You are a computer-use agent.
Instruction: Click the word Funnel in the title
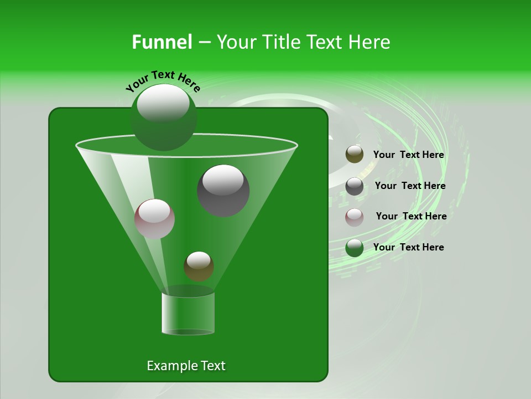pyautogui.click(x=162, y=42)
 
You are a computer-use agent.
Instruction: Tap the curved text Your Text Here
pyautogui.click(x=163, y=81)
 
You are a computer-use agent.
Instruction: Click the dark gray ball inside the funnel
pyautogui.click(x=223, y=191)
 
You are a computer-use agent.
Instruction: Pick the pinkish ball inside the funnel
pyautogui.click(x=154, y=219)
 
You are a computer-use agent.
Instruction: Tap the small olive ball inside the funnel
pyautogui.click(x=199, y=267)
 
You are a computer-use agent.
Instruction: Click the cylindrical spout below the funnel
pyautogui.click(x=188, y=314)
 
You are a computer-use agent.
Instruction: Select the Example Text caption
pyautogui.click(x=186, y=366)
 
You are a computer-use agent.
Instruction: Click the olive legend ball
pyautogui.click(x=355, y=155)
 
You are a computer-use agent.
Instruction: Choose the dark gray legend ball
pyautogui.click(x=355, y=186)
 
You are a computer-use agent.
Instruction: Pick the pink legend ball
pyautogui.click(x=355, y=217)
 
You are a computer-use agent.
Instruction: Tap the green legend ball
pyautogui.click(x=355, y=248)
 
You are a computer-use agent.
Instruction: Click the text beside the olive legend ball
pyautogui.click(x=408, y=155)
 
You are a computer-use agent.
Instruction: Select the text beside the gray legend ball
pyautogui.click(x=410, y=186)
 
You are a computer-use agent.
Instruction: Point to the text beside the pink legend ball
pyautogui.click(x=411, y=216)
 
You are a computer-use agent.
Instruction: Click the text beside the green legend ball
pyautogui.click(x=408, y=247)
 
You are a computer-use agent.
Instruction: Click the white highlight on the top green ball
pyautogui.click(x=163, y=104)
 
